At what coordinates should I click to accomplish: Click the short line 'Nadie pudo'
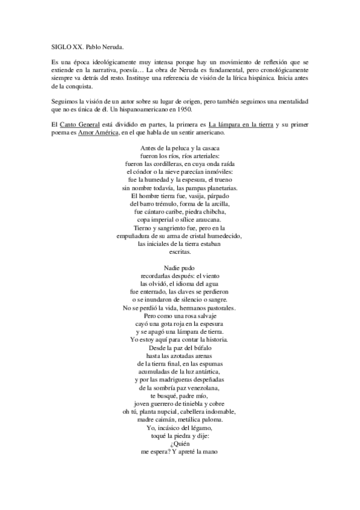pyautogui.click(x=179, y=268)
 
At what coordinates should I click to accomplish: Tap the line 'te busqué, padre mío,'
pyautogui.click(x=180, y=398)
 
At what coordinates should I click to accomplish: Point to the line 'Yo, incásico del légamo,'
pyautogui.click(x=180, y=426)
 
